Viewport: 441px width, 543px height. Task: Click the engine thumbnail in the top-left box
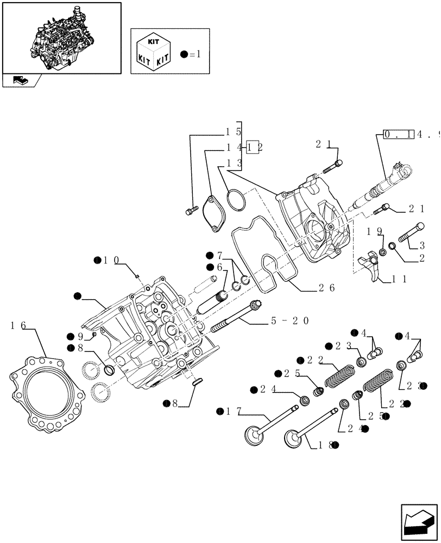(x=61, y=36)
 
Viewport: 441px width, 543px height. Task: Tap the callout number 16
(x=19, y=326)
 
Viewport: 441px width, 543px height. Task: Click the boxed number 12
(x=253, y=147)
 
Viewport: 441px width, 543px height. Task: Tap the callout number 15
(x=234, y=131)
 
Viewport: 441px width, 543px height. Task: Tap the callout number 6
(x=219, y=267)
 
